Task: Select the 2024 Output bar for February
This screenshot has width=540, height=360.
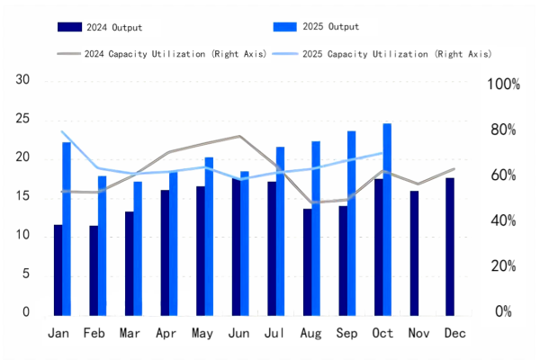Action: click(94, 270)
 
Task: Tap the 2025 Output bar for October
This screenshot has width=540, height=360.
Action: click(387, 220)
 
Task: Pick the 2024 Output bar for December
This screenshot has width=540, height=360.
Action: click(450, 247)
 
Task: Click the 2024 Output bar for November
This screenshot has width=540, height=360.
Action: click(414, 253)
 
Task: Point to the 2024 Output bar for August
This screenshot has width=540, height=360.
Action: click(307, 262)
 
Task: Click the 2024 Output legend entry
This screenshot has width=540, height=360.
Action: click(108, 28)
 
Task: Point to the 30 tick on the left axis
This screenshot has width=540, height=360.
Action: click(23, 80)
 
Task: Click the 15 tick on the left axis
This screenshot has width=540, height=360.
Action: click(23, 196)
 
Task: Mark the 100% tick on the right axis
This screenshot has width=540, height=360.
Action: click(503, 85)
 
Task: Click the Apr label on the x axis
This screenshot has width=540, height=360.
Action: click(166, 334)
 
